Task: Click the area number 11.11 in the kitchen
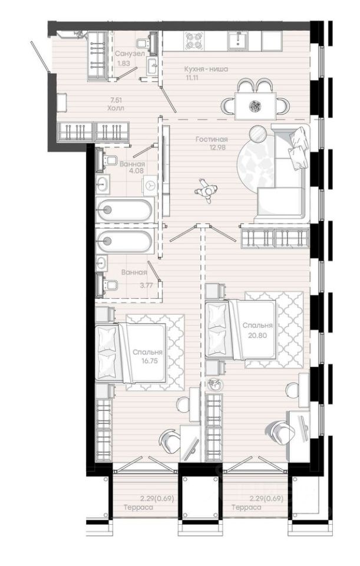pos(192,77)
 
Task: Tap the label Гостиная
pos(212,139)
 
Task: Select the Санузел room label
pos(130,54)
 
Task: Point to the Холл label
pos(116,108)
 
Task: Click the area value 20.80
pos(257,335)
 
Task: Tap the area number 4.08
pos(137,171)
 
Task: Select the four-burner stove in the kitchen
pos(194,41)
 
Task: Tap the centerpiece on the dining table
pos(255,106)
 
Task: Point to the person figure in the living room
pos(206,190)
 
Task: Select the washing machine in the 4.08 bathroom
pos(150,185)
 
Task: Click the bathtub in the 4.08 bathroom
pos(124,209)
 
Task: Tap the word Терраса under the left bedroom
pos(138,507)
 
